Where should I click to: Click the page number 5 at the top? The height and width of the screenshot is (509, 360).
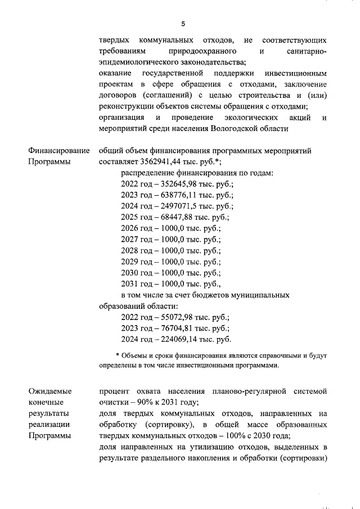click(x=183, y=24)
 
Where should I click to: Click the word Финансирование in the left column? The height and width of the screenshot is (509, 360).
click(x=58, y=151)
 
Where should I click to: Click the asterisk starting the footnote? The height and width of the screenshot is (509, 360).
click(x=118, y=356)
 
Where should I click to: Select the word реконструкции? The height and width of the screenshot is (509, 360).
click(x=124, y=106)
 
